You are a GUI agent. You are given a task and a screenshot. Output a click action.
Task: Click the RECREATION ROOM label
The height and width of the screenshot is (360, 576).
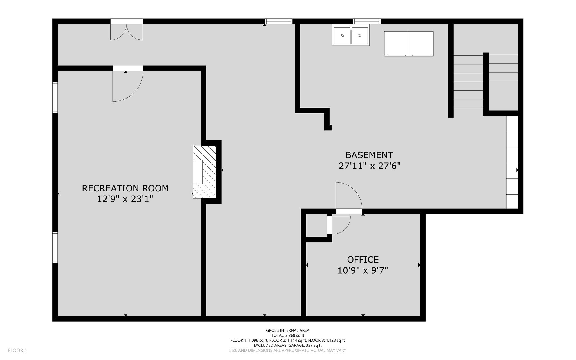125,188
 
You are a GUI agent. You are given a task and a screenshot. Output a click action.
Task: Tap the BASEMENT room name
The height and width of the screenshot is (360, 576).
369,155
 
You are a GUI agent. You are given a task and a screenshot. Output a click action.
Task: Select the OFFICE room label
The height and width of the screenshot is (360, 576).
363,260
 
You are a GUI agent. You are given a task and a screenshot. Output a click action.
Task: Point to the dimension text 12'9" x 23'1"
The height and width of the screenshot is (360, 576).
125,199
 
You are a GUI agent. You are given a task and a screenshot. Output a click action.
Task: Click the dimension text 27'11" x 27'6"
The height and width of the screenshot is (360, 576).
369,166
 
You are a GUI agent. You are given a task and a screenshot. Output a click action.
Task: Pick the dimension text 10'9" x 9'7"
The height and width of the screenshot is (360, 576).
363,270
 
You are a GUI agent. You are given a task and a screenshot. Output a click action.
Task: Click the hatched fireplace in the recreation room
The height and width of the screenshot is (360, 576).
205,172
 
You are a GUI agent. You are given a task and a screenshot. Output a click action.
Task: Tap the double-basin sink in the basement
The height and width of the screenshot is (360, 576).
351,35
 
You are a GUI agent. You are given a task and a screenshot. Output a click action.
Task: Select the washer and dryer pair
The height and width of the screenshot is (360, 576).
409,44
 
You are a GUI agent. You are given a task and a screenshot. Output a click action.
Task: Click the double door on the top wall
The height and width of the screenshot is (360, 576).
127,29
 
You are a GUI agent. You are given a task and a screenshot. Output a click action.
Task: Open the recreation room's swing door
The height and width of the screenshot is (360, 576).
128,84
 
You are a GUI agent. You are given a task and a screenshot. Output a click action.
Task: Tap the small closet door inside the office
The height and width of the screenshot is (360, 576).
339,225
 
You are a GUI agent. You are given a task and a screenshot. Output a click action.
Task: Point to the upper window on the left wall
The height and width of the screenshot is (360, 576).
55,97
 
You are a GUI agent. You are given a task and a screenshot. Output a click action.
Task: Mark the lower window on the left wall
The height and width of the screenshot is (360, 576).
55,247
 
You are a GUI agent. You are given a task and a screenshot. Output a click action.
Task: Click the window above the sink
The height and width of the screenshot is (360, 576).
367,21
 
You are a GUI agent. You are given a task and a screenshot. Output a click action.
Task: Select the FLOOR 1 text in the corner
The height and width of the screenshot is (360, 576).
17,350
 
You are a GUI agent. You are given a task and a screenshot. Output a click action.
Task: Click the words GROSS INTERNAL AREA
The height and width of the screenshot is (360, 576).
288,330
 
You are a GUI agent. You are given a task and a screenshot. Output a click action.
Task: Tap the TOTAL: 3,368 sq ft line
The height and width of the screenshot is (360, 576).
288,336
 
